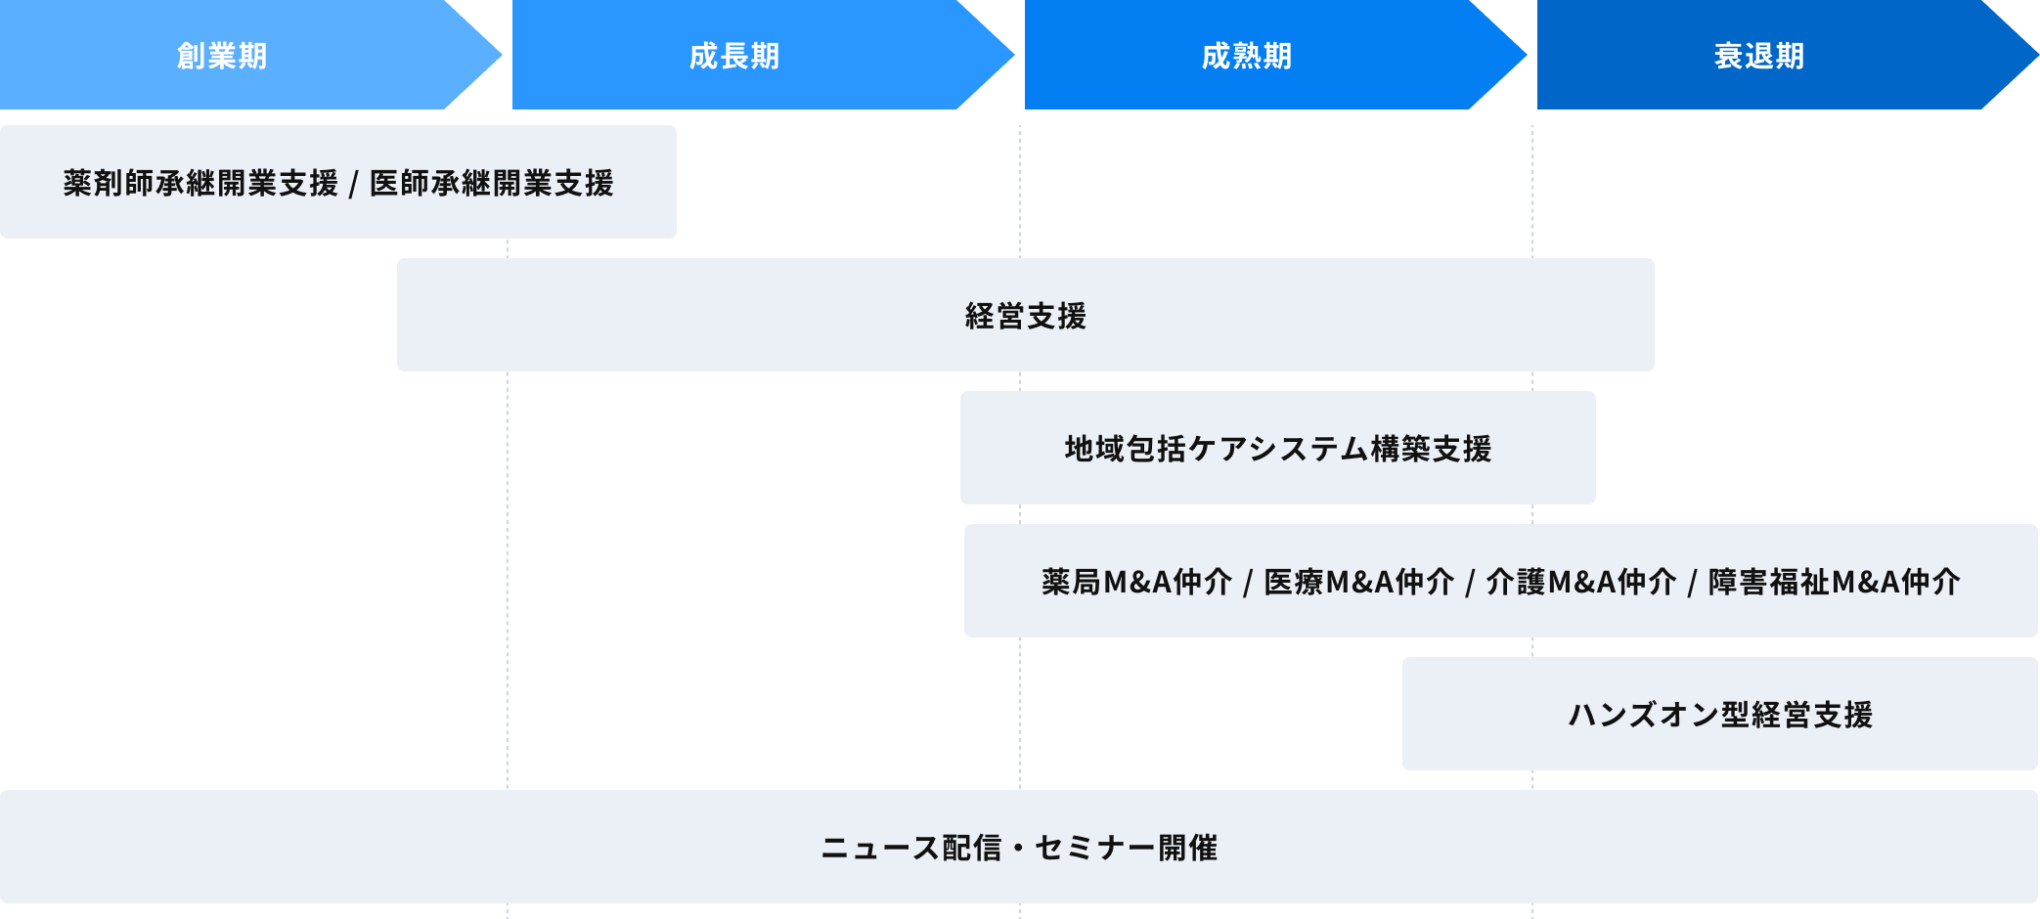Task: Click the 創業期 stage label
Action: point(222,56)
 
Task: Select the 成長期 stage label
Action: point(734,56)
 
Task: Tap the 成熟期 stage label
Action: point(1247,56)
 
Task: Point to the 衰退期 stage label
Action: point(1759,56)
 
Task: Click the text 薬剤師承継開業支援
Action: point(200,183)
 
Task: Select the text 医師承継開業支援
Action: point(492,183)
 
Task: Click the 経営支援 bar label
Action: point(1026,316)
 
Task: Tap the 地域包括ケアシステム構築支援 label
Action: point(1278,449)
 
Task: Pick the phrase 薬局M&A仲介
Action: point(1136,582)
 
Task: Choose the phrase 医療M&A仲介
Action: point(1359,582)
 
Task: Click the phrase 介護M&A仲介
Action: point(1581,582)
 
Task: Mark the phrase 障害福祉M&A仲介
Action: point(1835,582)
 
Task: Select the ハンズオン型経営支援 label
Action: point(1720,715)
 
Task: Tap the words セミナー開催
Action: point(1127,848)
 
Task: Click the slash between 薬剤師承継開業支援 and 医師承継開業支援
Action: point(354,184)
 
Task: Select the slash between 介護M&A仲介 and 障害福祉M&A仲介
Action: point(1693,583)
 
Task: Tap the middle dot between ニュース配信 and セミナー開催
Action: point(1018,848)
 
